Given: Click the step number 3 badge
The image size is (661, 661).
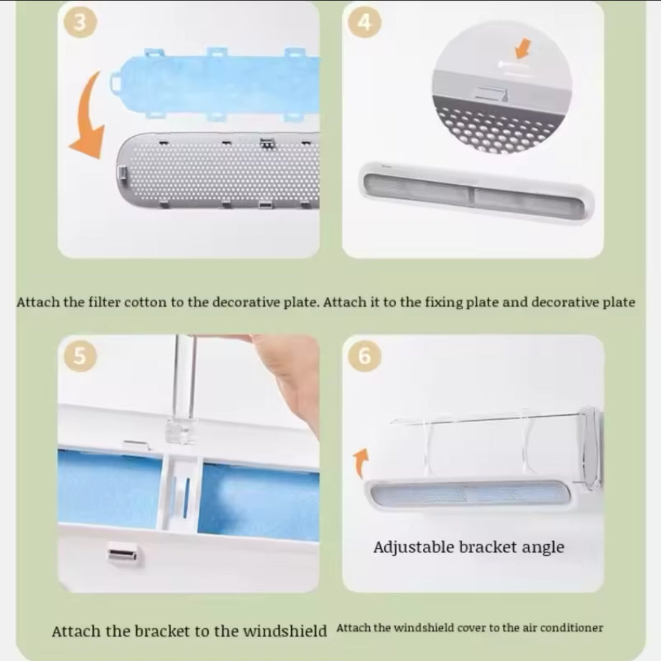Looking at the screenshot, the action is click(x=80, y=21).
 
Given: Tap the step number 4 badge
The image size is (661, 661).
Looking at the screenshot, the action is click(x=365, y=21).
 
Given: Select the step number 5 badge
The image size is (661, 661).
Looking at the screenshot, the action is click(x=80, y=356).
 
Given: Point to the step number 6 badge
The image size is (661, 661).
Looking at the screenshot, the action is click(x=365, y=356).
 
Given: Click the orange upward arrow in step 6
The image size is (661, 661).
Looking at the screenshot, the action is click(x=361, y=463).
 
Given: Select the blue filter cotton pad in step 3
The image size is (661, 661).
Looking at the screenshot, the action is click(x=215, y=85).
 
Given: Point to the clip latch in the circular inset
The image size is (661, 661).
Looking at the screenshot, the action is click(x=491, y=94).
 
